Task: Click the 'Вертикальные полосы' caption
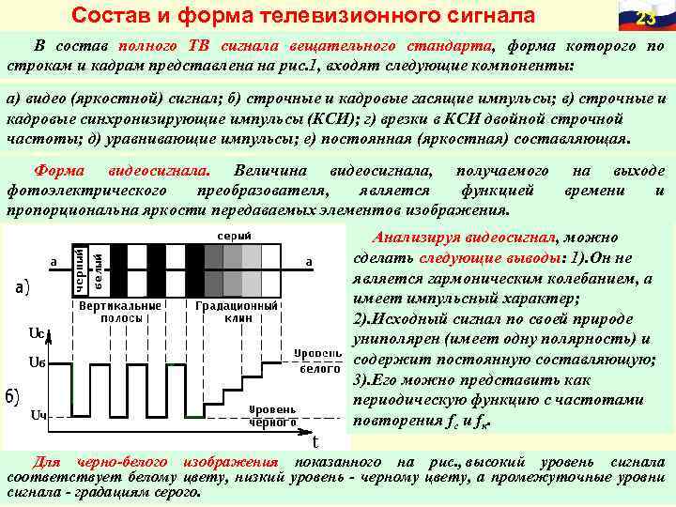point(120,312)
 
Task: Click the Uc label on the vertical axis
point(37,331)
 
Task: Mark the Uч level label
point(38,415)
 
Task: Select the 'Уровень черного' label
point(272,416)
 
